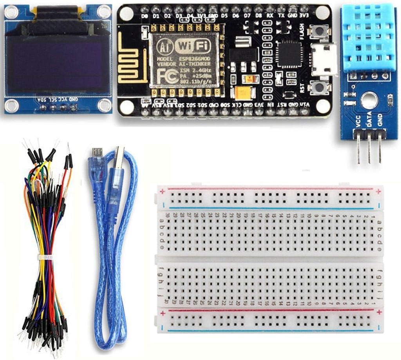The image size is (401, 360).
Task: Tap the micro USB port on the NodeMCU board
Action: click(325, 59)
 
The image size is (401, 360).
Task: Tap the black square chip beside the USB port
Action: click(289, 54)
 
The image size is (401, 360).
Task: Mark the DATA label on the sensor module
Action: click(368, 119)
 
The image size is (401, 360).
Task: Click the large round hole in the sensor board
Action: click(369, 100)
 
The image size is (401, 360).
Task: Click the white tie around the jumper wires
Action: click(45, 257)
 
